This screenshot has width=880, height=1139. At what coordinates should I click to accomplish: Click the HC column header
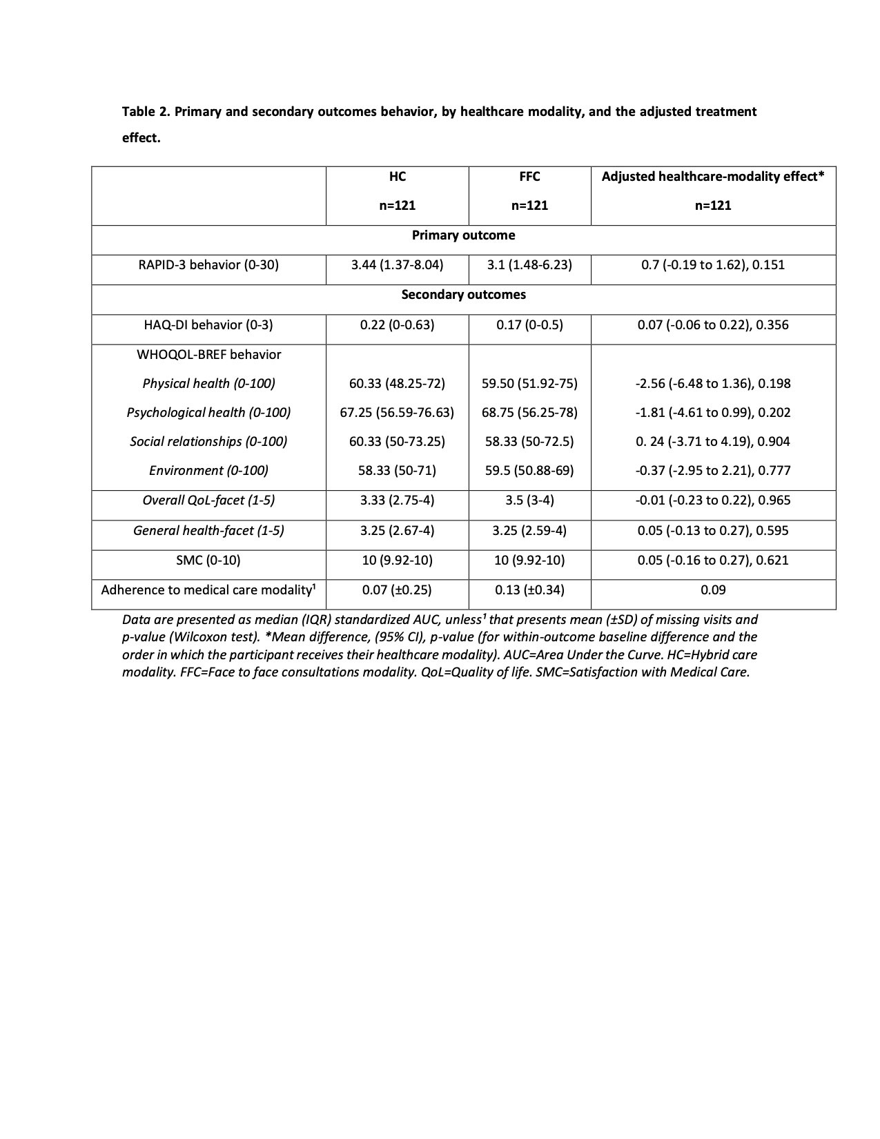pyautogui.click(x=397, y=177)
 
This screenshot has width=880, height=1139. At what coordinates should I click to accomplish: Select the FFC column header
pyautogui.click(x=529, y=177)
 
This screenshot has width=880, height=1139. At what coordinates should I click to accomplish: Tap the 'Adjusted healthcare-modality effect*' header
pyautogui.click(x=713, y=177)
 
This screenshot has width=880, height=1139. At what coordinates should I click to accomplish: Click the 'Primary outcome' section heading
pyautogui.click(x=463, y=235)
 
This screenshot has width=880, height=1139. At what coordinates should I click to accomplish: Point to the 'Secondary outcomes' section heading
pyautogui.click(x=463, y=295)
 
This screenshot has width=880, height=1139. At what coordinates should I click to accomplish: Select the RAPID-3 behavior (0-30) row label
pyautogui.click(x=208, y=265)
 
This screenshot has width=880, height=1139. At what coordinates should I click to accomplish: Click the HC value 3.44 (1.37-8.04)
pyautogui.click(x=397, y=265)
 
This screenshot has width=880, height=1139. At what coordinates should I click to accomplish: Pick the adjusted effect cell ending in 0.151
pyautogui.click(x=713, y=265)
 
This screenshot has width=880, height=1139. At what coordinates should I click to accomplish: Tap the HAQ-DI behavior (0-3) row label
pyautogui.click(x=208, y=325)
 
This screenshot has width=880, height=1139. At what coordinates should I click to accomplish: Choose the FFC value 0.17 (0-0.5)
pyautogui.click(x=529, y=325)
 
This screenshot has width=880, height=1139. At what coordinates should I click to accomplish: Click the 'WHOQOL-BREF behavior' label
pyautogui.click(x=208, y=355)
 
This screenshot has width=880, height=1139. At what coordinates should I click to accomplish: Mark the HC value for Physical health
pyautogui.click(x=397, y=384)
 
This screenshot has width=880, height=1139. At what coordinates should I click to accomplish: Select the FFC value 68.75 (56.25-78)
pyautogui.click(x=529, y=413)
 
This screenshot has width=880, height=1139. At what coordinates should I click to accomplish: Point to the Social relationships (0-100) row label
pyautogui.click(x=208, y=442)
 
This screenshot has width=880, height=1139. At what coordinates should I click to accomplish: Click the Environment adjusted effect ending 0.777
pyautogui.click(x=713, y=471)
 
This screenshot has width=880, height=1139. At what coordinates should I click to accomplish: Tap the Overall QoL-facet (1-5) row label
pyautogui.click(x=208, y=500)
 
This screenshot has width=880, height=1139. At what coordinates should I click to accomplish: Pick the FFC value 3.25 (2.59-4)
pyautogui.click(x=529, y=531)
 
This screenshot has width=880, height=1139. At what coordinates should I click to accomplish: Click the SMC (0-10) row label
pyautogui.click(x=208, y=561)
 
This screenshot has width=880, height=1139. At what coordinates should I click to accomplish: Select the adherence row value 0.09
pyautogui.click(x=713, y=590)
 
